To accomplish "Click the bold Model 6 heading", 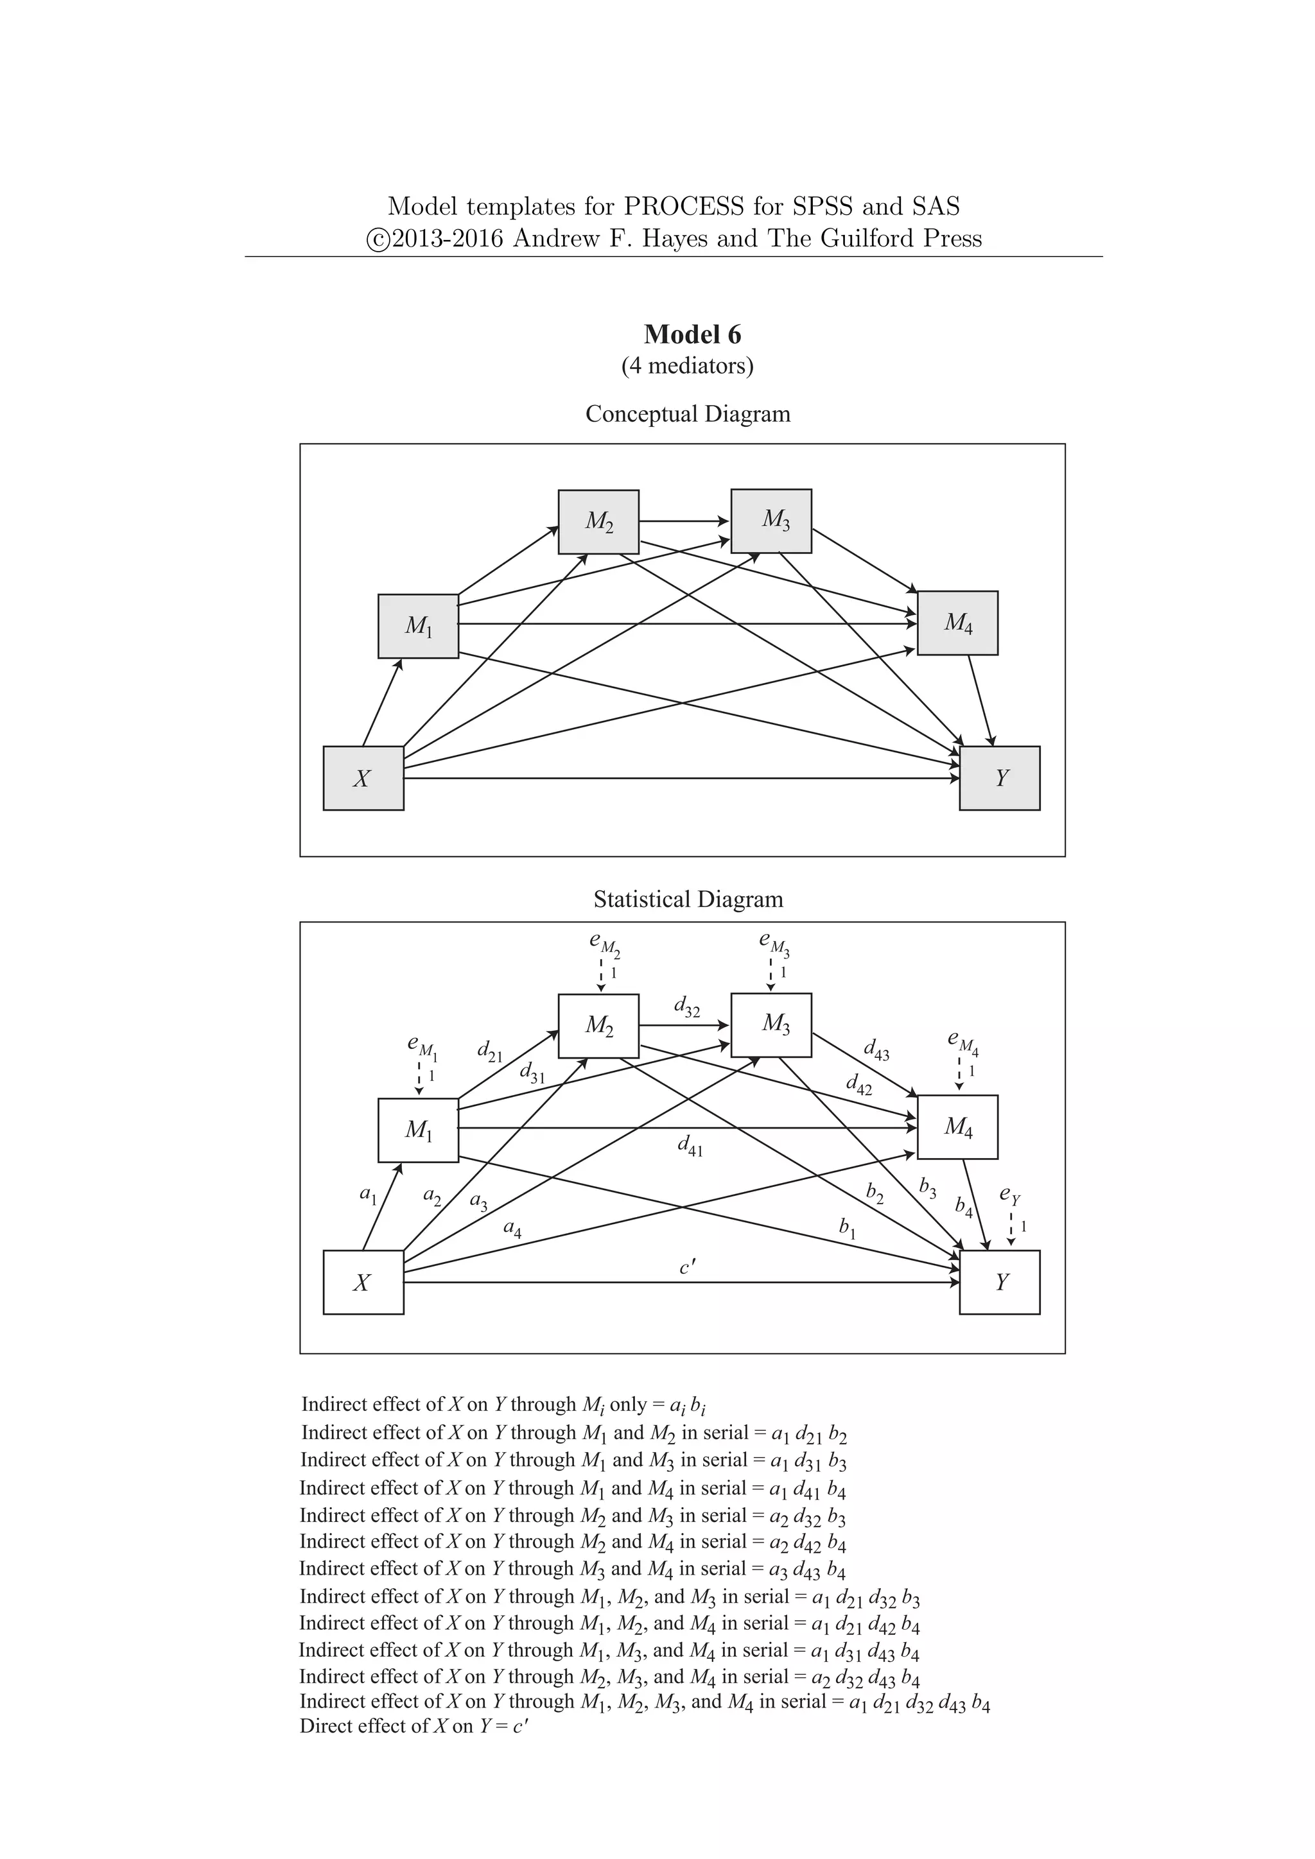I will [x=692, y=334].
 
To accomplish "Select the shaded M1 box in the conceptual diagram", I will [x=418, y=626].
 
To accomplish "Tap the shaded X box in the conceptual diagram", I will [x=363, y=778].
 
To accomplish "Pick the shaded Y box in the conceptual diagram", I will [x=999, y=778].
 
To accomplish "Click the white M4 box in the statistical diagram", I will [x=957, y=1127].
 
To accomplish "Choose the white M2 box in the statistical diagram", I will [x=598, y=1026].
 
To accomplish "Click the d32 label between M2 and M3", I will [x=686, y=1007].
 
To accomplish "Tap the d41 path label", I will [x=690, y=1146].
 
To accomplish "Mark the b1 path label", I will [x=848, y=1228].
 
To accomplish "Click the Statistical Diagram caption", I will [x=688, y=899].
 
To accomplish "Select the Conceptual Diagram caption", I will [x=688, y=414].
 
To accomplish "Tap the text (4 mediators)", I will [x=688, y=366].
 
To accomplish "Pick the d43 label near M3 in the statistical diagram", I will [x=876, y=1050].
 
